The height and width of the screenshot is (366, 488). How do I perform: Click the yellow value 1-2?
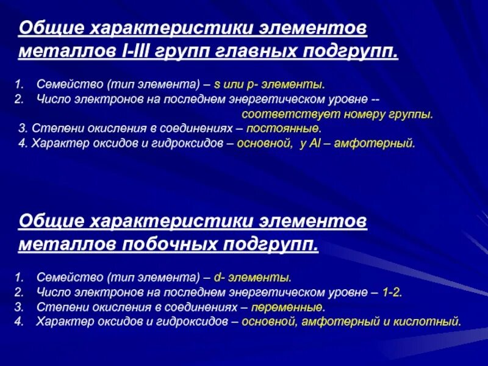(x=392, y=292)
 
